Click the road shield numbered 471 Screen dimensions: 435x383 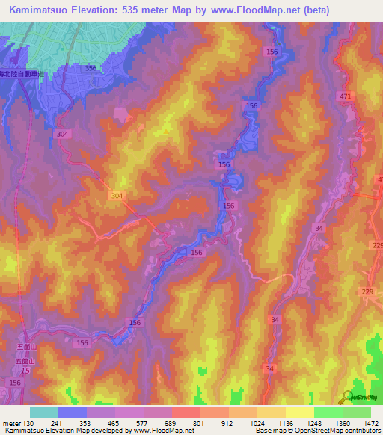click(x=345, y=97)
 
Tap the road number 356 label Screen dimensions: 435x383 click(x=91, y=68)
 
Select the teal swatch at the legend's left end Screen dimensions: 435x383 click(x=44, y=412)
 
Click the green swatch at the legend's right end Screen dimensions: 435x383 click(x=357, y=412)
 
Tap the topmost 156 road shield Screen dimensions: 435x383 click(x=272, y=51)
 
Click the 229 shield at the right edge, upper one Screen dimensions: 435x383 click(x=376, y=246)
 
